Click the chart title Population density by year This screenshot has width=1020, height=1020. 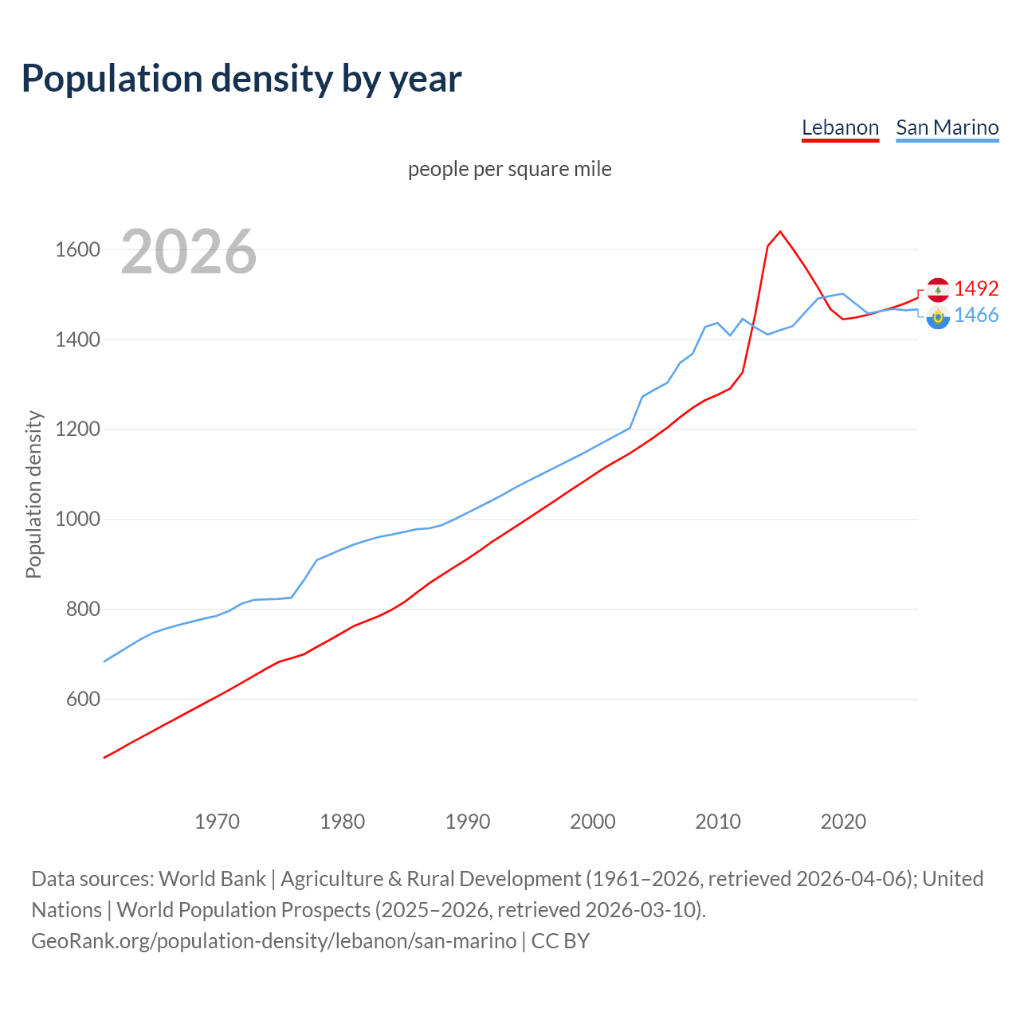[x=241, y=79]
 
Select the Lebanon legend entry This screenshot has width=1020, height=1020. [x=840, y=127]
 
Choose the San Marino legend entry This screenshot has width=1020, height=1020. [x=947, y=127]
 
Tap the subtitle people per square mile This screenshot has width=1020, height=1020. [x=509, y=169]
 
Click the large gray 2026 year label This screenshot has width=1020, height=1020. [x=189, y=252]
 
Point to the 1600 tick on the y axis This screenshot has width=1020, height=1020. [x=77, y=250]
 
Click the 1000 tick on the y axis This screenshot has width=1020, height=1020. [x=77, y=520]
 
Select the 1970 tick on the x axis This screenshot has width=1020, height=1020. [x=217, y=822]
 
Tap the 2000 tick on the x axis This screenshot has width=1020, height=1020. [x=593, y=822]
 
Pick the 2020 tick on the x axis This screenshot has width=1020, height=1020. [x=843, y=822]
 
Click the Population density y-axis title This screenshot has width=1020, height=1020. [x=33, y=494]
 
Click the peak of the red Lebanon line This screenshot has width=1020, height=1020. [x=780, y=232]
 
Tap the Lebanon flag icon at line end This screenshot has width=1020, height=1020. [x=938, y=289]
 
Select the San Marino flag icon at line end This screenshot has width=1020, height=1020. [x=938, y=317]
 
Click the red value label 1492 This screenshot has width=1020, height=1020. [x=976, y=288]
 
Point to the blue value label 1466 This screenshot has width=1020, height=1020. [x=976, y=316]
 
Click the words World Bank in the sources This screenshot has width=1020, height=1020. [x=212, y=879]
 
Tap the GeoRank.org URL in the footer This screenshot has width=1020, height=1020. [x=273, y=941]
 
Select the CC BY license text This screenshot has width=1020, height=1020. [x=560, y=941]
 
